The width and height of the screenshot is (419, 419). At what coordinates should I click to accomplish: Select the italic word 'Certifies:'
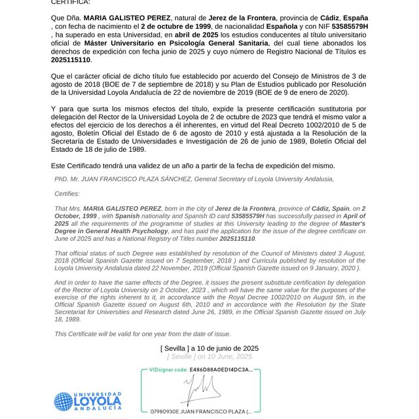point(67,194)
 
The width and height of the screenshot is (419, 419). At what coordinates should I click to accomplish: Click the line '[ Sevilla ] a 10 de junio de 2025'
point(209,348)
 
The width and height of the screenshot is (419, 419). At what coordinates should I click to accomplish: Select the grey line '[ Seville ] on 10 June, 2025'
point(209,357)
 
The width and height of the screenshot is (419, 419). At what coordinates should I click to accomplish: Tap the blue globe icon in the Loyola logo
point(64,401)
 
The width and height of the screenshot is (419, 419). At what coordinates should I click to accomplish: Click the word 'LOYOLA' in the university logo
point(98,401)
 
